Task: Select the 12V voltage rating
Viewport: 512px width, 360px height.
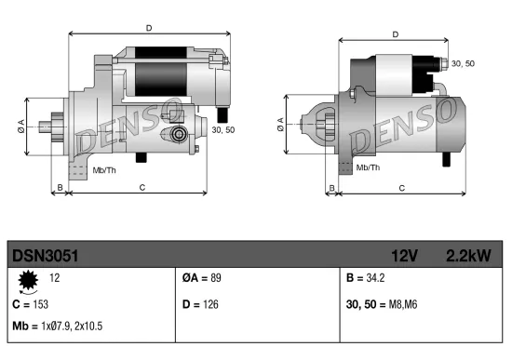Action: [401, 254]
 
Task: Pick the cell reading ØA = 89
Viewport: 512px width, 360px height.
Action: [202, 278]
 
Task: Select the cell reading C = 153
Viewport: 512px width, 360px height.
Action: [30, 304]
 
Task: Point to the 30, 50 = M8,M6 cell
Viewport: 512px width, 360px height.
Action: [383, 304]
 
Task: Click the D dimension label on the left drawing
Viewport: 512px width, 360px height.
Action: [149, 29]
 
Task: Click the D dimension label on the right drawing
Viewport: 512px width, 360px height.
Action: [396, 35]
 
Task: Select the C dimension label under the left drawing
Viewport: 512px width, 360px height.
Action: [141, 188]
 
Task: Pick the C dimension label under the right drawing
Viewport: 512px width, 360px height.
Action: [401, 188]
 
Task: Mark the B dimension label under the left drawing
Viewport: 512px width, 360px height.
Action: [60, 188]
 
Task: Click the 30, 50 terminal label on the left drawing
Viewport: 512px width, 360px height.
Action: [223, 130]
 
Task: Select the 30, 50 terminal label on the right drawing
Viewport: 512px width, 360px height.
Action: [463, 63]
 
